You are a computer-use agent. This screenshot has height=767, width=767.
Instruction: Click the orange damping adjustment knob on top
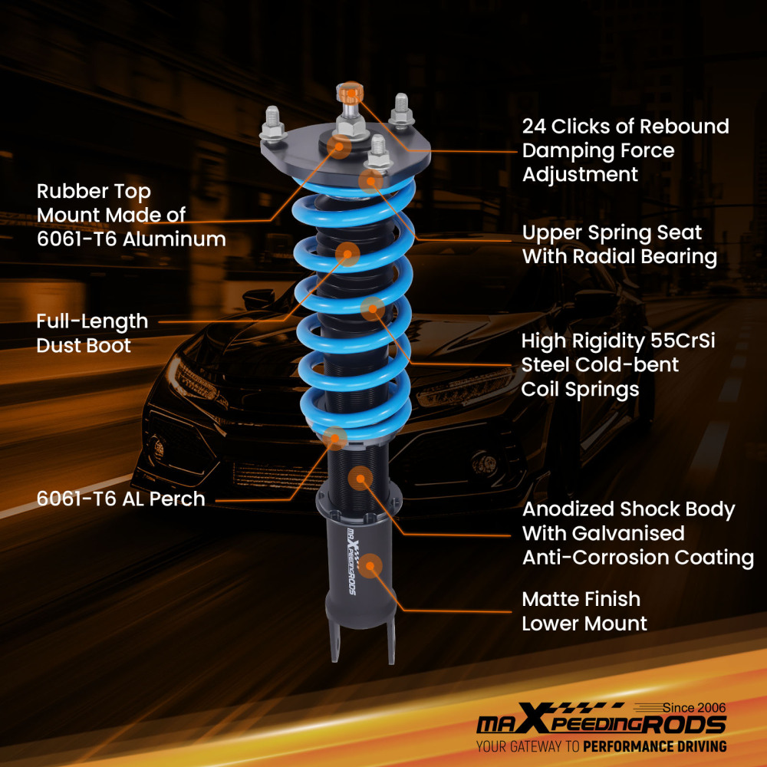(350, 95)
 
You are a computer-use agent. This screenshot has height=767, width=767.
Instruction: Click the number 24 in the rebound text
(535, 126)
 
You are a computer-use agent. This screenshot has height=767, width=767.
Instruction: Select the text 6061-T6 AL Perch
(120, 499)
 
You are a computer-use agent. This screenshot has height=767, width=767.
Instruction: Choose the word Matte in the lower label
(551, 599)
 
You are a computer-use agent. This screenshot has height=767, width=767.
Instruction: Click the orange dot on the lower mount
(371, 566)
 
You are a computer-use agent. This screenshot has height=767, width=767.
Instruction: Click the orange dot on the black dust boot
(347, 253)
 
